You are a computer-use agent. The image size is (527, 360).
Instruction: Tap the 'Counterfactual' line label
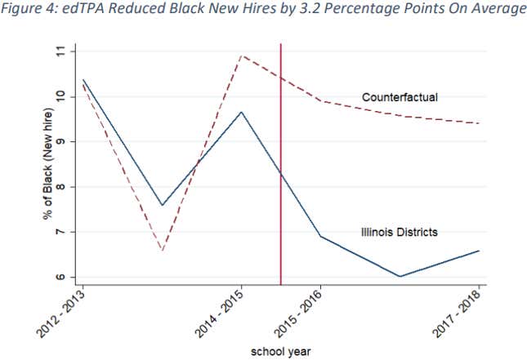[400, 98]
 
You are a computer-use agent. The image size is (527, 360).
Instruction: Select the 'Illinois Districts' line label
[399, 232]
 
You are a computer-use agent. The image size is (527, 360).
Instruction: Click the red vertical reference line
[281, 163]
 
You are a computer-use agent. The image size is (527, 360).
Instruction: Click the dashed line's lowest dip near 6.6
[162, 250]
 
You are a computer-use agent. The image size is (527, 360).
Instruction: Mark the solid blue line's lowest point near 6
[400, 277]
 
